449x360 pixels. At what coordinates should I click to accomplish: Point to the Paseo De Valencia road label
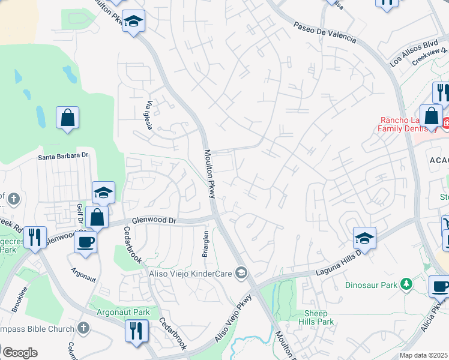pyautogui.click(x=325, y=32)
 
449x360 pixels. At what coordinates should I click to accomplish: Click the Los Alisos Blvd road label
pyautogui.click(x=414, y=53)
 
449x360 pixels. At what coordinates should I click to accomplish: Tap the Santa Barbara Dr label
pyautogui.click(x=63, y=156)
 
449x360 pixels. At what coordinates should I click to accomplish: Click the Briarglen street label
pyautogui.click(x=205, y=243)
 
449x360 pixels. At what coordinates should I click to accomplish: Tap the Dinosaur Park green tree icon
pyautogui.click(x=407, y=283)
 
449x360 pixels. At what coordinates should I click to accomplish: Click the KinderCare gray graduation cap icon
pyautogui.click(x=241, y=274)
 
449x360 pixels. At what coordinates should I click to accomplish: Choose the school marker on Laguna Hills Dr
pyautogui.click(x=364, y=238)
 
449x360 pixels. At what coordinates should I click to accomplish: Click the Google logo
pyautogui.click(x=20, y=353)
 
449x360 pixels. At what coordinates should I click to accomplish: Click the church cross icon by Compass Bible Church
pyautogui.click(x=83, y=328)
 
